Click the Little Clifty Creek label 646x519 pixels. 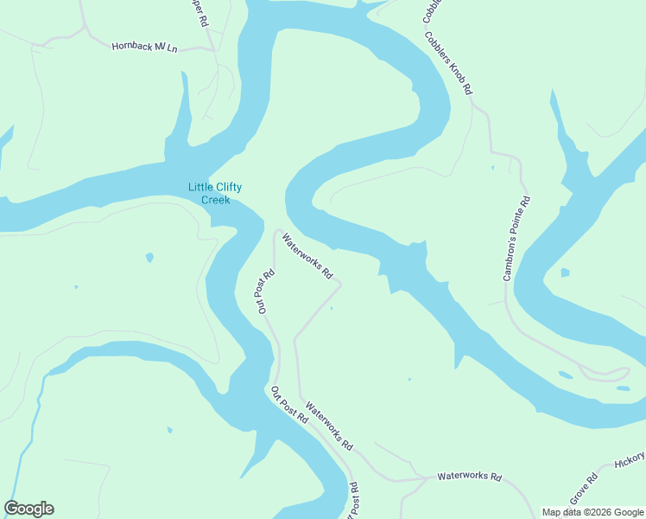[x=215, y=194]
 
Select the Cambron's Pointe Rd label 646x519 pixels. [x=516, y=240]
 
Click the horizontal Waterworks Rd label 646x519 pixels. [x=469, y=477]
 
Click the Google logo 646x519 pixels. [x=28, y=509]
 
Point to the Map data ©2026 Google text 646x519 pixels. [x=592, y=512]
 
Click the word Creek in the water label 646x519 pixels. [x=215, y=201]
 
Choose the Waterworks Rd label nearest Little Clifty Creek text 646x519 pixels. [x=307, y=258]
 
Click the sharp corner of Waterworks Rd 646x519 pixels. [x=340, y=284]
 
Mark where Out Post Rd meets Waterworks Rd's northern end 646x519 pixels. [x=277, y=231]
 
